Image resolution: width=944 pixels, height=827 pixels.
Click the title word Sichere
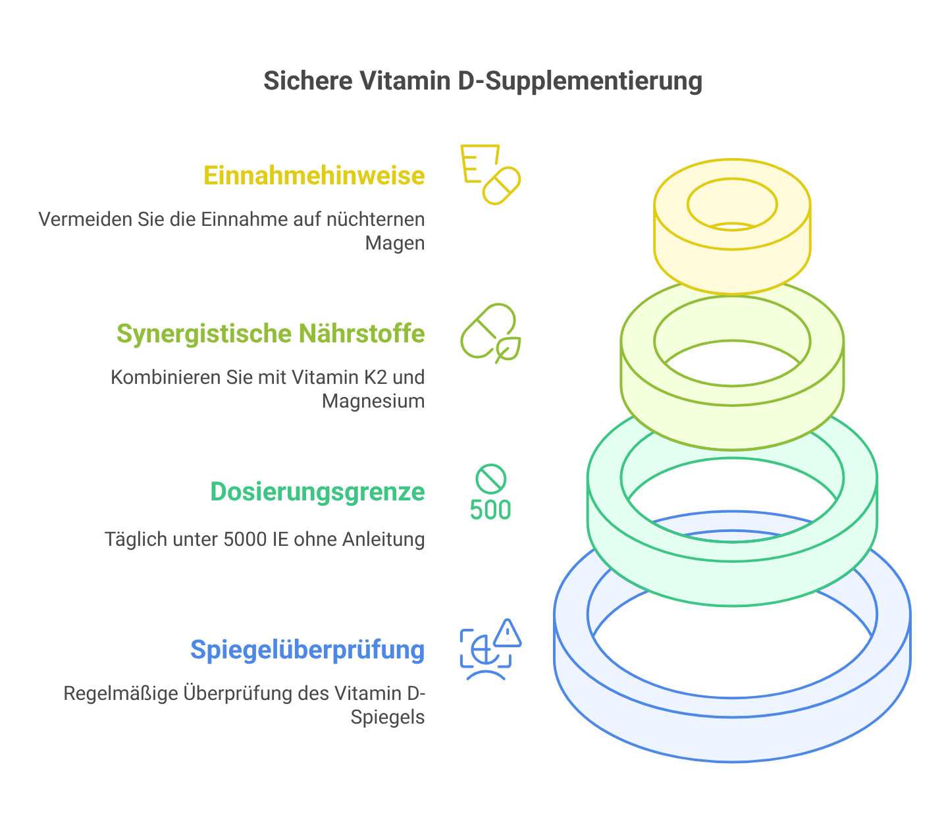click(307, 81)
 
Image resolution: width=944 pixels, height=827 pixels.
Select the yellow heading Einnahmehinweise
click(314, 175)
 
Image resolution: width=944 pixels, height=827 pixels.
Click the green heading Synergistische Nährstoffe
click(271, 334)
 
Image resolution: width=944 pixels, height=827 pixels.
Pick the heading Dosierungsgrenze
click(317, 492)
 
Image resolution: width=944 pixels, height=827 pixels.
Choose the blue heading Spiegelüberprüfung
click(307, 651)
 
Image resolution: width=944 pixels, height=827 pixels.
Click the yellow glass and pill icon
click(490, 174)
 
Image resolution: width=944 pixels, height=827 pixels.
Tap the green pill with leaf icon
click(490, 333)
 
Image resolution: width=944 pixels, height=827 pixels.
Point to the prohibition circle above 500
click(491, 479)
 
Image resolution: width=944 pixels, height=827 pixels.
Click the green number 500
click(490, 510)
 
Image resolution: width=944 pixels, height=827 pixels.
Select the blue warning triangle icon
click(508, 633)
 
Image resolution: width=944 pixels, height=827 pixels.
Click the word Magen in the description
click(395, 244)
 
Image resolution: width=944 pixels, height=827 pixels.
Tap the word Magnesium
click(373, 401)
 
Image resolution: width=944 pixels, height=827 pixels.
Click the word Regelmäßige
click(120, 693)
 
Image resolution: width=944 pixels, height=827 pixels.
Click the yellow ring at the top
click(732, 227)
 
